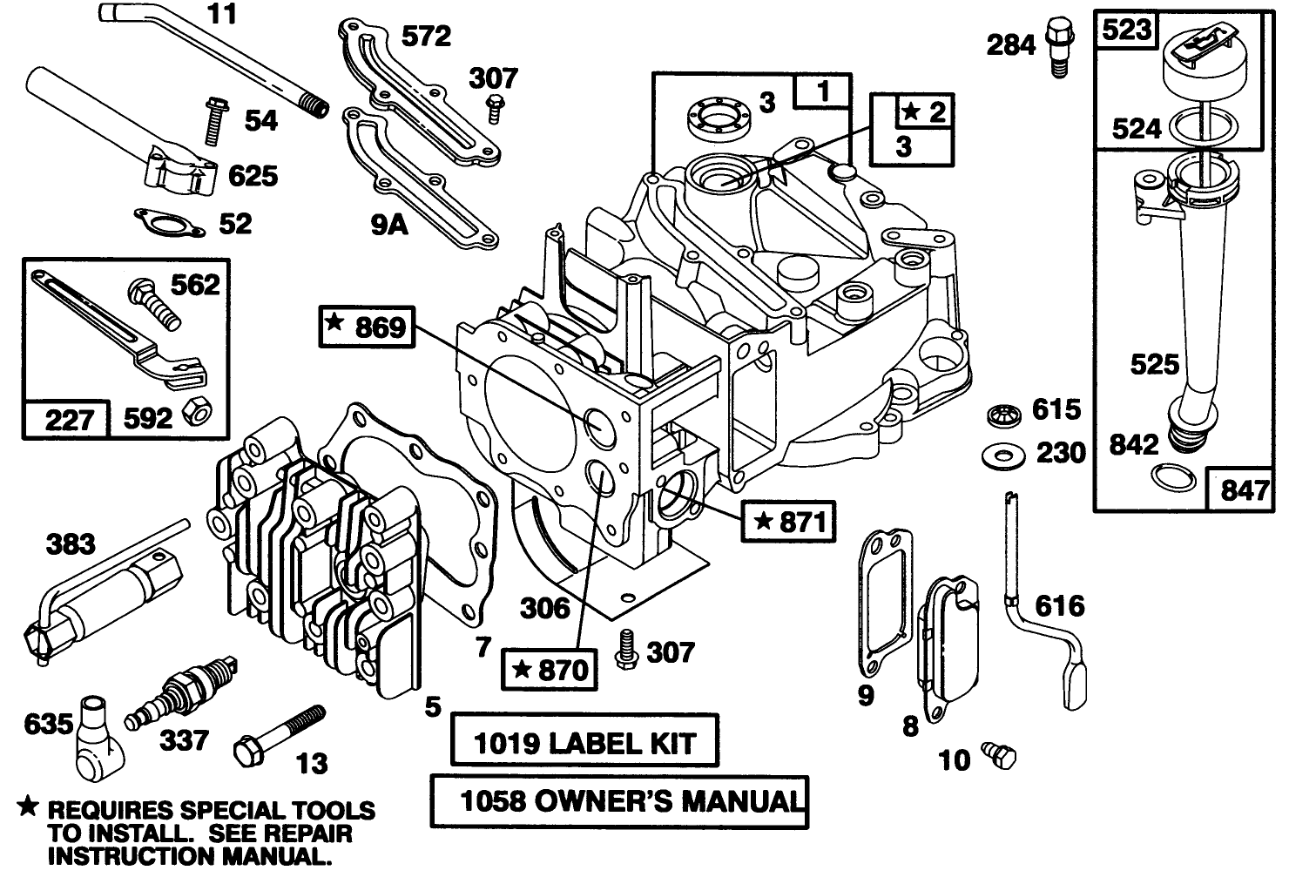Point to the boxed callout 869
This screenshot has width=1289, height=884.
pyautogui.click(x=366, y=327)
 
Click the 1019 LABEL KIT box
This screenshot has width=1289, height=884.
pyautogui.click(x=584, y=743)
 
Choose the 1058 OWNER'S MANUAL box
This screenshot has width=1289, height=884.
pyautogui.click(x=619, y=801)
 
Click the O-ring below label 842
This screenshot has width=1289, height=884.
pyautogui.click(x=1168, y=476)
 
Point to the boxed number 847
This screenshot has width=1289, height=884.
pyautogui.click(x=1244, y=490)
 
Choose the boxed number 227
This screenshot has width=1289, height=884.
pyautogui.click(x=68, y=420)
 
